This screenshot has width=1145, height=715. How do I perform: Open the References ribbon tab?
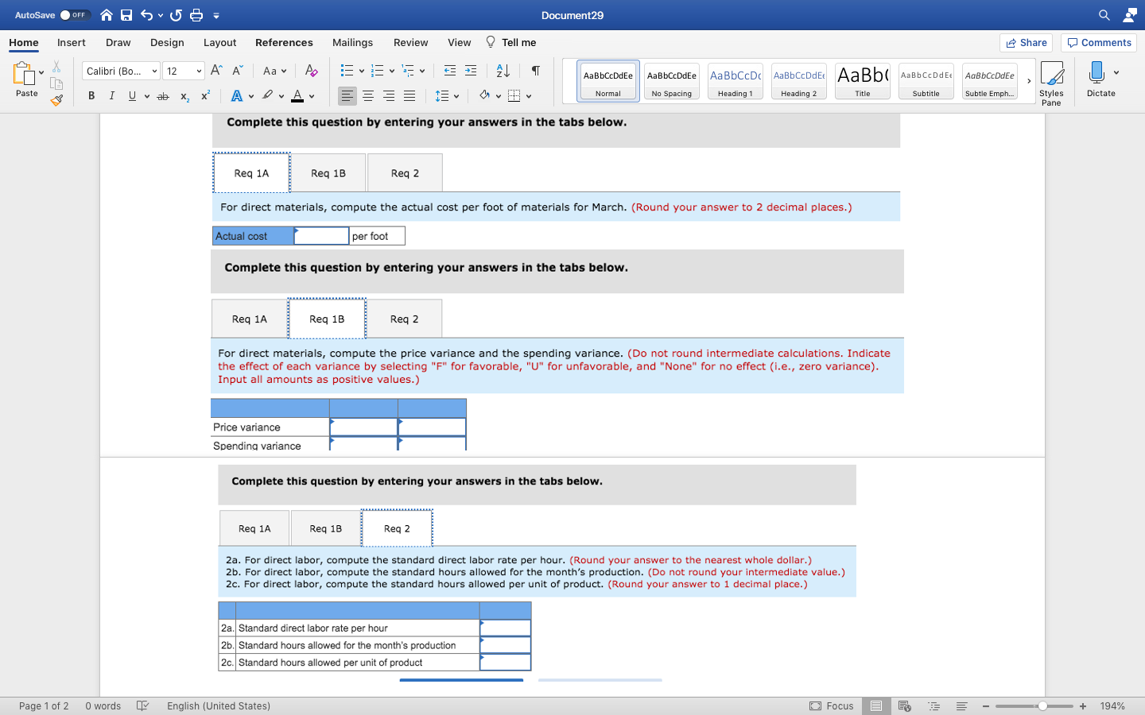click(x=284, y=43)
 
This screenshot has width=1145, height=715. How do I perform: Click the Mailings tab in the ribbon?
click(x=352, y=43)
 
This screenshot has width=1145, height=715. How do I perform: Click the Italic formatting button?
click(x=111, y=96)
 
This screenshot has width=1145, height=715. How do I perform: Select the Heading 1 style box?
click(x=735, y=81)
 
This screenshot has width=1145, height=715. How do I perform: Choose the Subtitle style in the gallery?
click(x=926, y=81)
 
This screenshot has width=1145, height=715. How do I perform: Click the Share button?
click(x=1026, y=43)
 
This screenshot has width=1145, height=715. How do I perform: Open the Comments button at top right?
click(x=1099, y=43)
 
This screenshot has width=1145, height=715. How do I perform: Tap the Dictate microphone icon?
click(x=1097, y=74)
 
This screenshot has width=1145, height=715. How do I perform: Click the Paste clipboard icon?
click(x=24, y=75)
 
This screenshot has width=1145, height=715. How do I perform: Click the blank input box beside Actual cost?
click(x=321, y=236)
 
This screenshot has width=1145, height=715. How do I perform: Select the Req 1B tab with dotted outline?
click(x=327, y=319)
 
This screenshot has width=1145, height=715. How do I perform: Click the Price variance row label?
click(x=247, y=427)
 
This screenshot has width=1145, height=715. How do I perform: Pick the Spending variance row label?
click(x=257, y=446)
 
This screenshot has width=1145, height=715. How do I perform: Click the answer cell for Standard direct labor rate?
click(x=505, y=628)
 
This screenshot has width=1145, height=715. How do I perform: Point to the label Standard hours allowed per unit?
click(x=330, y=663)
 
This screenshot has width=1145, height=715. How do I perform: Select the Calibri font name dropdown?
click(x=120, y=71)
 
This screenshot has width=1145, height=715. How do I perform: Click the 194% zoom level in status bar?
click(x=1112, y=706)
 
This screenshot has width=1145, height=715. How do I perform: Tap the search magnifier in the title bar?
click(x=1104, y=15)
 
